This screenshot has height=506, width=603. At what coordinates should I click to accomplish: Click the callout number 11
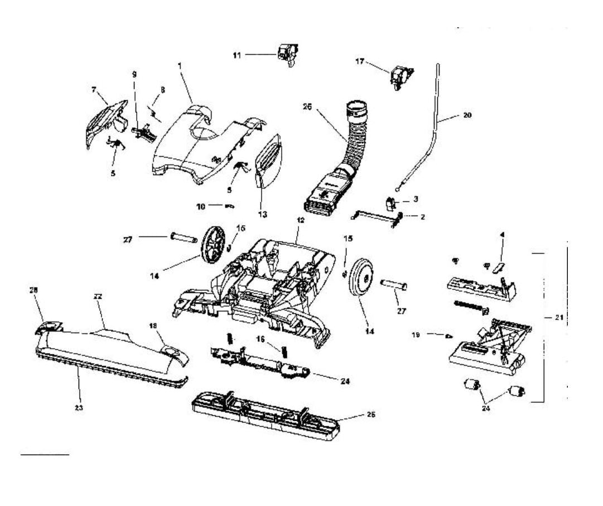(x=237, y=55)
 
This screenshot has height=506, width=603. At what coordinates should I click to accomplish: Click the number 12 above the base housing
(x=300, y=221)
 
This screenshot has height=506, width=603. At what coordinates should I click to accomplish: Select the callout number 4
(x=501, y=235)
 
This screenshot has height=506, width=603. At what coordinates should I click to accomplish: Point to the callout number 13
(x=262, y=214)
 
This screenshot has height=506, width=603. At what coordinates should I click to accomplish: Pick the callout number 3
(x=414, y=198)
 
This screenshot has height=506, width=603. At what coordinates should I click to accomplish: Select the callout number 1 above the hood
(x=180, y=65)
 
